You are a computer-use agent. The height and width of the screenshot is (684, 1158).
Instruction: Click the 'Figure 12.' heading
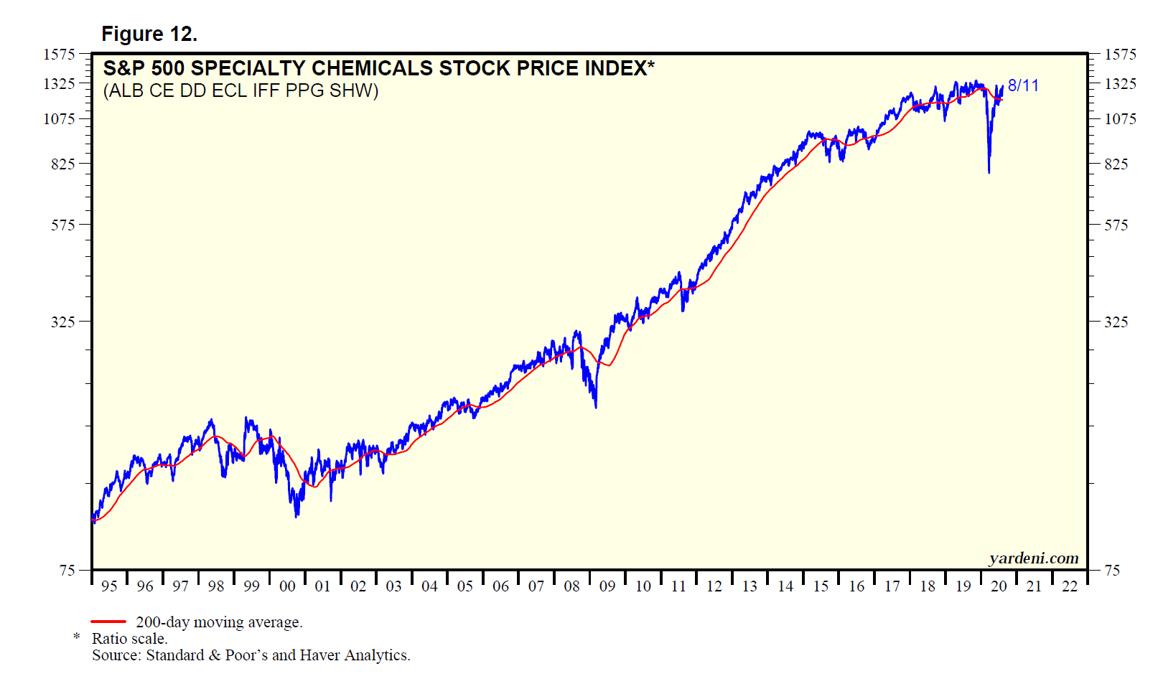click(149, 34)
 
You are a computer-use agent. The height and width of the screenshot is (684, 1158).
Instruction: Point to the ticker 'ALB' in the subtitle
click(126, 90)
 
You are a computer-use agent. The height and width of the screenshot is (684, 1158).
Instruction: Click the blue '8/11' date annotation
click(1023, 85)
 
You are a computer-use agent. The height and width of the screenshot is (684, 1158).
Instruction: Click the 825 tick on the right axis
click(1116, 164)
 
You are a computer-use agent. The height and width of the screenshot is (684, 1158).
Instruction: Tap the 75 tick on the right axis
click(1112, 571)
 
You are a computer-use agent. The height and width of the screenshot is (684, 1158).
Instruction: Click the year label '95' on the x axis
click(109, 586)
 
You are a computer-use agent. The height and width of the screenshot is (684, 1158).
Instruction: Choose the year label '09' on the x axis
click(607, 586)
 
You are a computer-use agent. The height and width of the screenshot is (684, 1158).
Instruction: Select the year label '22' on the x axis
click(1070, 586)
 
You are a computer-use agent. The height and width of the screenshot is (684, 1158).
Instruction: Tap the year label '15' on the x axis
click(821, 586)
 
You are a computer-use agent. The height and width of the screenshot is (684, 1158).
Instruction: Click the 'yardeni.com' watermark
click(1033, 558)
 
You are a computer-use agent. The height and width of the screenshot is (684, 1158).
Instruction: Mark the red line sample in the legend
click(108, 622)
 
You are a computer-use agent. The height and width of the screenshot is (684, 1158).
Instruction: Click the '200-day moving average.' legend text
click(219, 622)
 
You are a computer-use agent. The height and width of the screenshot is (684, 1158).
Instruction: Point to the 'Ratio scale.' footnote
click(129, 639)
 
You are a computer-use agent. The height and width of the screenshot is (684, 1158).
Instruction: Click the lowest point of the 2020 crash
click(989, 172)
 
